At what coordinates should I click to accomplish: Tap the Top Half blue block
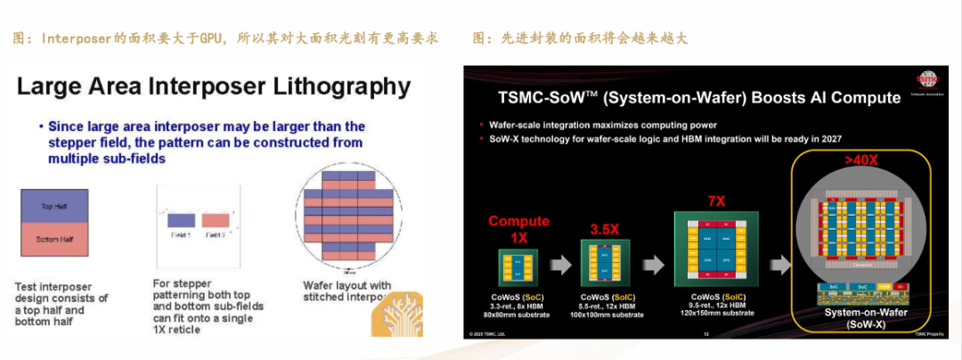click(54, 206)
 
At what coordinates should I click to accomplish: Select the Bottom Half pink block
click(54, 239)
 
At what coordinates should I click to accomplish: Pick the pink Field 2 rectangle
click(215, 219)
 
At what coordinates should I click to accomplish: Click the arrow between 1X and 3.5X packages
click(561, 266)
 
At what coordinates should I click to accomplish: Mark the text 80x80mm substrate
click(518, 314)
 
